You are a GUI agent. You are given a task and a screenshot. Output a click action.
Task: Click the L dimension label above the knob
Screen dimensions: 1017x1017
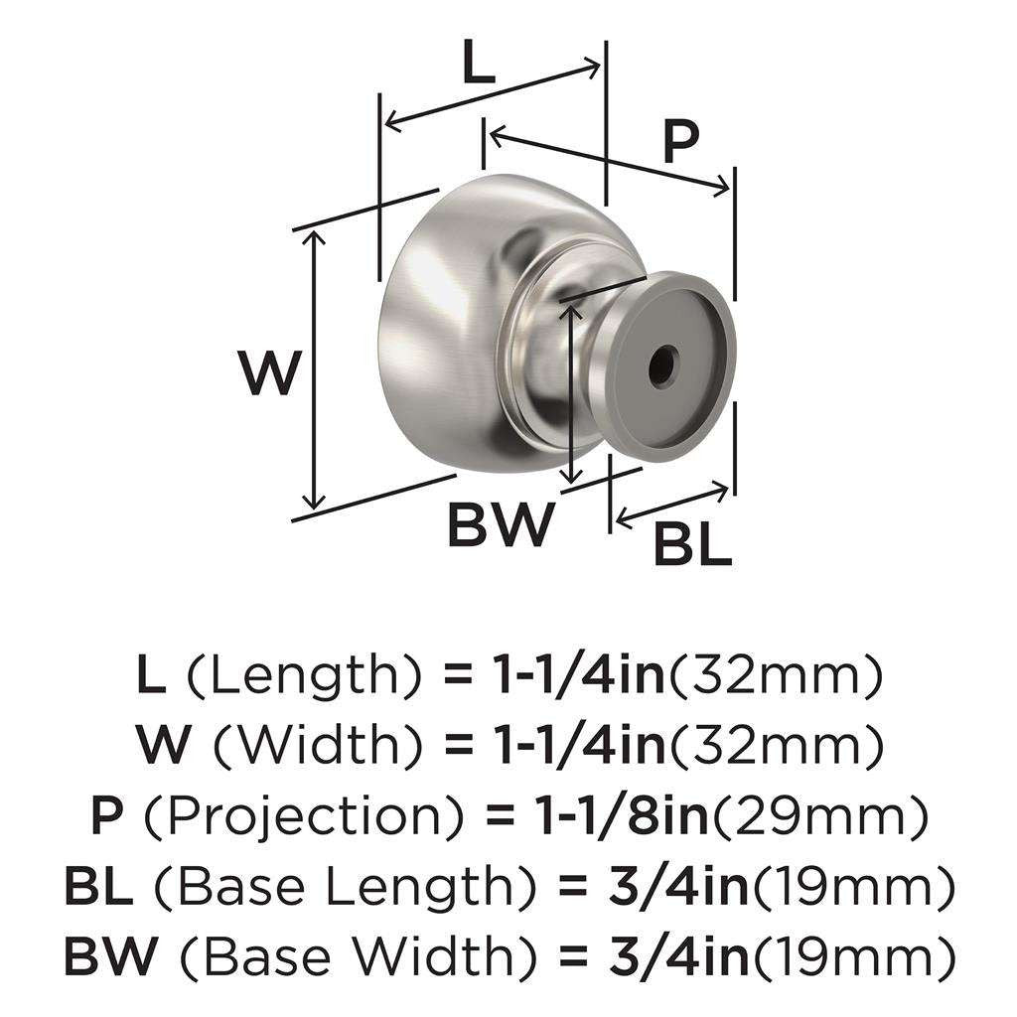(478, 66)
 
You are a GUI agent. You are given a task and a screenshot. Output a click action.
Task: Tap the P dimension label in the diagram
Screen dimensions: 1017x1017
(679, 142)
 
